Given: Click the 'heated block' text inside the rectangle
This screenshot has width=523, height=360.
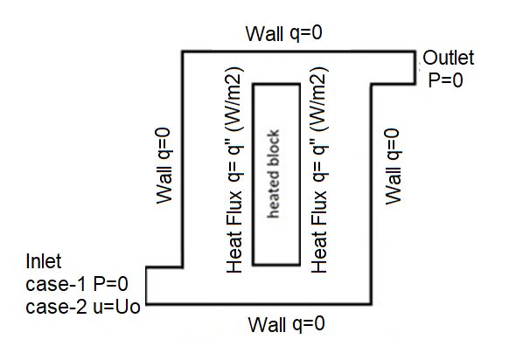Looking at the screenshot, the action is point(273,174).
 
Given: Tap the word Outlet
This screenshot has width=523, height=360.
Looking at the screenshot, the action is point(448,58).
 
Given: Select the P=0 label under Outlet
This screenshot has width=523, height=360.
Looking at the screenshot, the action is point(446,80).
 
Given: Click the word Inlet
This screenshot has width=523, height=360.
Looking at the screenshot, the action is point(44,261).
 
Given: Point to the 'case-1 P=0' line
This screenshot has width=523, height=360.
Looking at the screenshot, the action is point(77,284).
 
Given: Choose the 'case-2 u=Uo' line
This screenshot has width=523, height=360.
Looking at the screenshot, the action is point(83,307).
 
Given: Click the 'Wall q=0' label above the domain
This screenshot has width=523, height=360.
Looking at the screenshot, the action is point(284,33).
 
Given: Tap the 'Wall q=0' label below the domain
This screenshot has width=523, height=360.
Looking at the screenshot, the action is point(286,324).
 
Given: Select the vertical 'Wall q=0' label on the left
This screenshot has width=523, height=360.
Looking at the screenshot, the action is point(164,166).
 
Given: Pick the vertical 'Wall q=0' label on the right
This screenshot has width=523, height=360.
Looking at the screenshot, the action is point(394,166).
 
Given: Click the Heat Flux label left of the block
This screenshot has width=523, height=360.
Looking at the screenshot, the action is point(234,170).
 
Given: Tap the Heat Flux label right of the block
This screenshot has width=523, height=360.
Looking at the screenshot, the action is point(319,170).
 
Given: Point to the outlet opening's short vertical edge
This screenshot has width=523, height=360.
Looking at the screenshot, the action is point(415,67).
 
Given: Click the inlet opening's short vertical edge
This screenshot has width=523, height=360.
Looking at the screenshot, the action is point(146,286).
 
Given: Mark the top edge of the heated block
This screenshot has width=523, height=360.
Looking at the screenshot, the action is point(276,85).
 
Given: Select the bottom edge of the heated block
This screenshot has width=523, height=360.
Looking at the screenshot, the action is point(276,265).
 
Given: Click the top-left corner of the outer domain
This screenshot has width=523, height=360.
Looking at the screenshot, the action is point(182,52).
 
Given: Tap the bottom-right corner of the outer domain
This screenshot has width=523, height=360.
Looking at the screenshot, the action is point(371,304).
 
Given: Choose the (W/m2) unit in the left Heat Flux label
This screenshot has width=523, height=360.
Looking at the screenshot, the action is point(234,100).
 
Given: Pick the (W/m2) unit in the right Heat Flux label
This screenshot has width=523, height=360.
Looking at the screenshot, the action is point(319,100).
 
